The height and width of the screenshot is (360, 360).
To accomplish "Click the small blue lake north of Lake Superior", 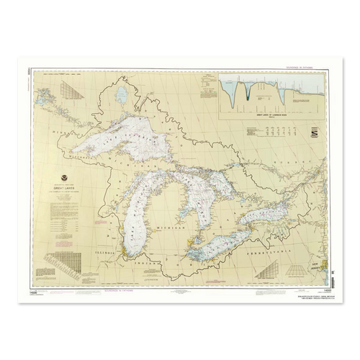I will point(122,94).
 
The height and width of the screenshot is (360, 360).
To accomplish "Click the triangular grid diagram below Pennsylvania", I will point(270,270).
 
